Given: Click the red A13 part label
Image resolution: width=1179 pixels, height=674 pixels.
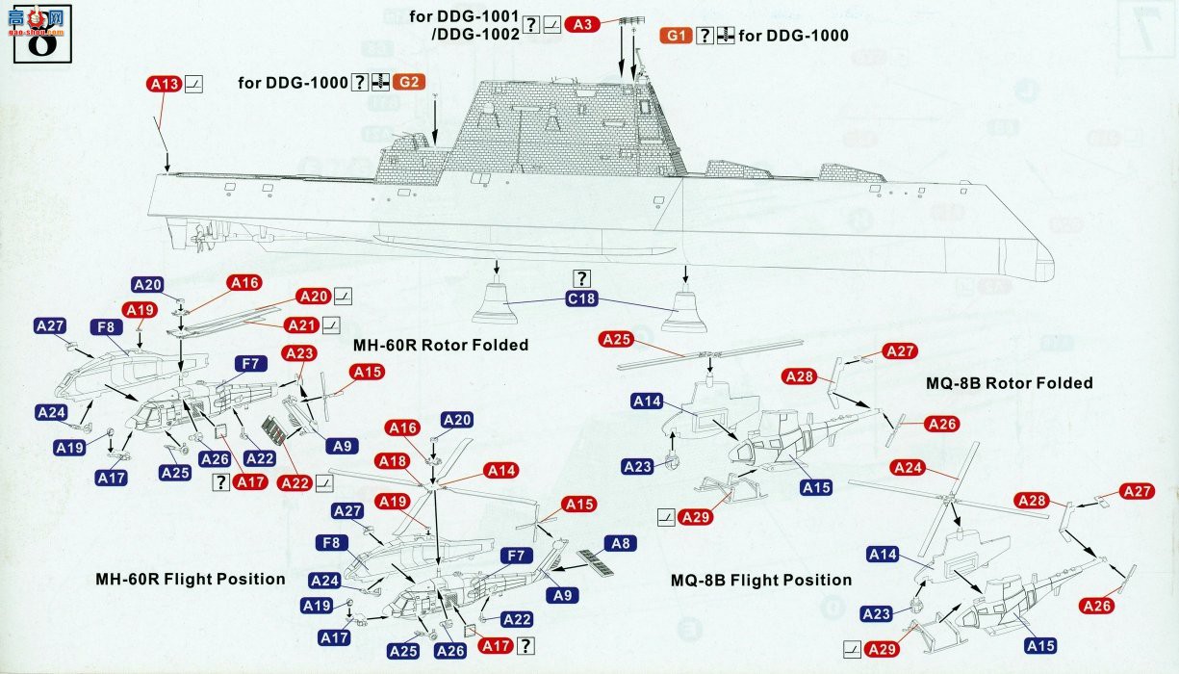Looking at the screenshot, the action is (165, 85).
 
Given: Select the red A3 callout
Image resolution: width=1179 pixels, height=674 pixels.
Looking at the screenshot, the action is (582, 24).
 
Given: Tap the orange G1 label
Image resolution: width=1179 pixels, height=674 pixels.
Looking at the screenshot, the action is (676, 36).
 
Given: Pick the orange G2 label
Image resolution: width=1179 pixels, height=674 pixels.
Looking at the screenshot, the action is (408, 82).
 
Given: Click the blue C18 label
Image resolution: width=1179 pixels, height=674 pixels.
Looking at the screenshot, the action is (581, 299).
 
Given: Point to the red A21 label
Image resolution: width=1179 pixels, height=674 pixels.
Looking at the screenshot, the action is (301, 325).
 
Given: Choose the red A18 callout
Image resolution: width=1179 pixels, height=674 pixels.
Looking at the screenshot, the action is (393, 461).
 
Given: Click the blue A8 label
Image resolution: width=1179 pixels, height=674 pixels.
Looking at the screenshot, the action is (621, 543).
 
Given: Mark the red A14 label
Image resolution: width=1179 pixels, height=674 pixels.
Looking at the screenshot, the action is (501, 471).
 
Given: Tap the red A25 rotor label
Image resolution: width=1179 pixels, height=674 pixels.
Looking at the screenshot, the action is (616, 340).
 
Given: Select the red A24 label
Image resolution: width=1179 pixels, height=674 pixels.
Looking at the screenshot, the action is (908, 468).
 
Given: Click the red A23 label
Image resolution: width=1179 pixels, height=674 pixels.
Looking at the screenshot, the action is (299, 353).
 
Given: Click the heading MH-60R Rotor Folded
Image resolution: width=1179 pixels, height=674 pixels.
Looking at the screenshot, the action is (441, 346).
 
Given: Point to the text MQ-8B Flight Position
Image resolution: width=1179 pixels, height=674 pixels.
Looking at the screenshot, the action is (761, 581).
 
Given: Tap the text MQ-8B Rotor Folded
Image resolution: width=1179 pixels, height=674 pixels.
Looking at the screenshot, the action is (1010, 383).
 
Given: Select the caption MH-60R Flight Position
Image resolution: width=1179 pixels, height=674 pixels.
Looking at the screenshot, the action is (191, 580).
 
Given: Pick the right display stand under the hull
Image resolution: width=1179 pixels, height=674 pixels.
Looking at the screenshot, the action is (683, 310).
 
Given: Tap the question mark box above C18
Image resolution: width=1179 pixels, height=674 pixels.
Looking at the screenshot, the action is (581, 278).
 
